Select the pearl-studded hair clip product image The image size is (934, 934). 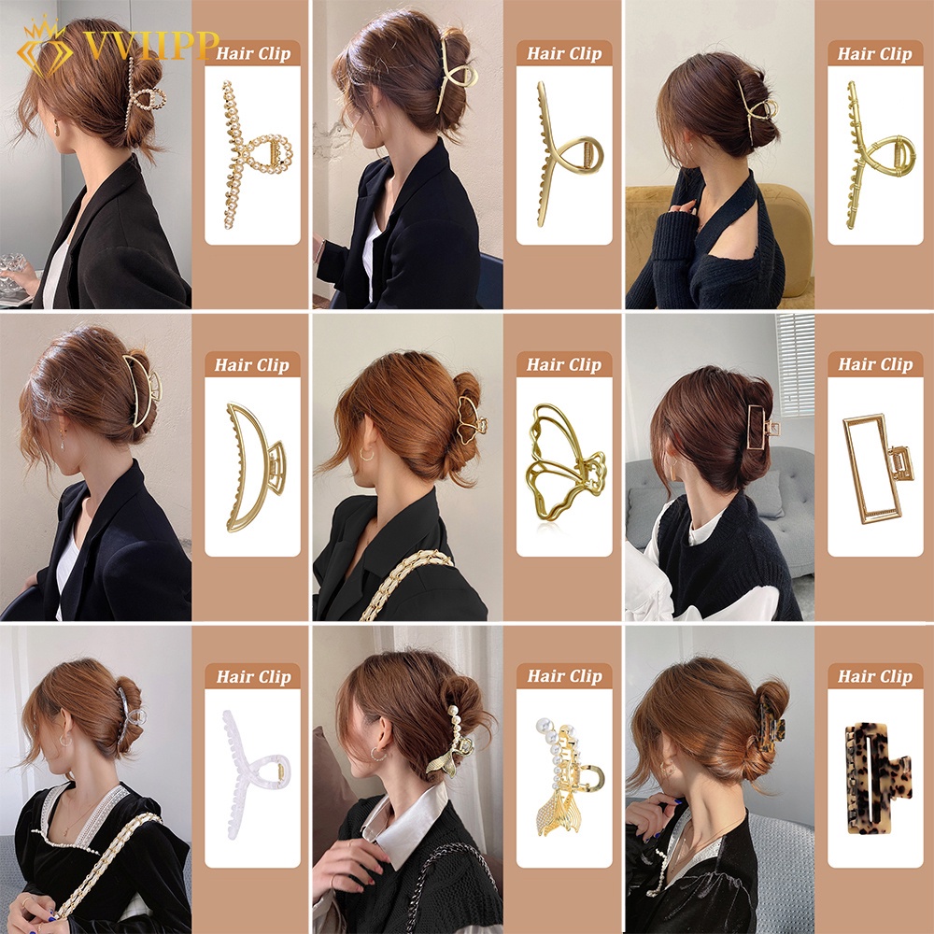(x=251, y=154)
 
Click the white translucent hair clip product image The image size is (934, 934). (x=251, y=766)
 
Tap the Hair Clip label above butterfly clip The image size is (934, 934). (x=563, y=365)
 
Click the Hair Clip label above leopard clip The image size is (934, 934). (x=874, y=676)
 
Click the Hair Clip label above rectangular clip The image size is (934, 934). (x=874, y=365)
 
